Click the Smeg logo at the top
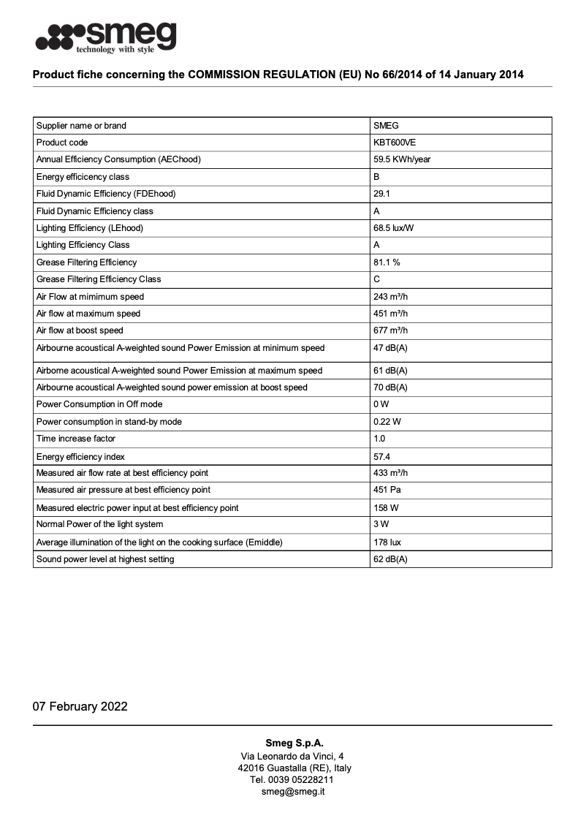click(106, 37)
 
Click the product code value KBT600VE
click(395, 143)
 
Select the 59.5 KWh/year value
click(402, 159)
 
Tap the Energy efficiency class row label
click(83, 177)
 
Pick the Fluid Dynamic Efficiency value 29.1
click(381, 194)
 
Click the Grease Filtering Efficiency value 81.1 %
click(387, 262)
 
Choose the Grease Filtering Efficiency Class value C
click(376, 279)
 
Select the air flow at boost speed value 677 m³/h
click(390, 330)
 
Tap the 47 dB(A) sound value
click(390, 348)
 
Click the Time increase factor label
click(76, 439)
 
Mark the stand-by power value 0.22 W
click(387, 422)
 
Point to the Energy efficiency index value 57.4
click(381, 456)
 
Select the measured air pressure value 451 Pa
click(388, 490)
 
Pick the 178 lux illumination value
click(387, 542)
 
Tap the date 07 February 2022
click(80, 706)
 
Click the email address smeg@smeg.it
click(293, 791)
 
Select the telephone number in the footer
click(292, 779)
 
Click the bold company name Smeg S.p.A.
click(293, 743)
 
